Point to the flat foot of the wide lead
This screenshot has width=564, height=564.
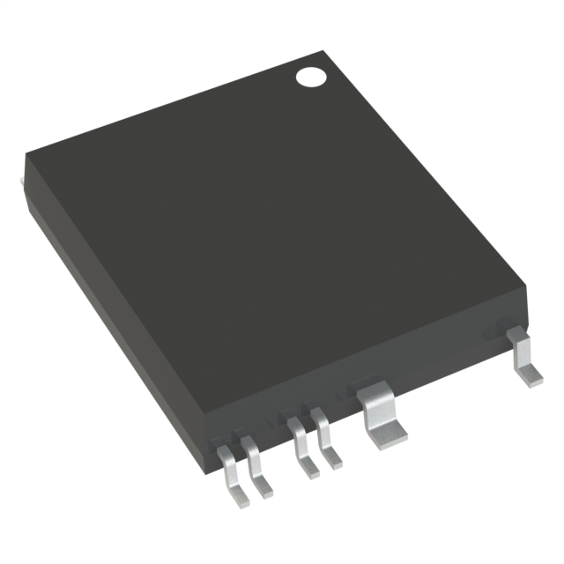(385, 433)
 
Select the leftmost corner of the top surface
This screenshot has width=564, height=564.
(26, 157)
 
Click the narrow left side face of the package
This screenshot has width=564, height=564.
(115, 300)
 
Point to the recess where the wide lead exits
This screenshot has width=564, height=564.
(370, 382)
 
